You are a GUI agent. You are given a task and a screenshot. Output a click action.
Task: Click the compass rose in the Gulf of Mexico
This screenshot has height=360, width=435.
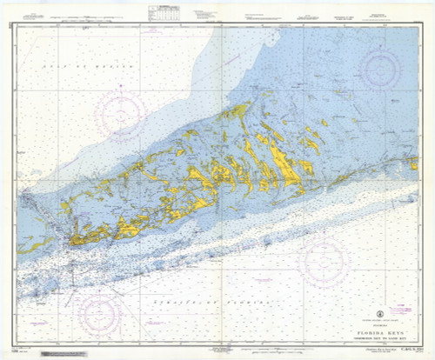pyautogui.click(x=122, y=114)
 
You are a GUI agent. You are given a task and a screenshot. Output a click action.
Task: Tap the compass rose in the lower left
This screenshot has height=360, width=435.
pyautogui.click(x=101, y=313)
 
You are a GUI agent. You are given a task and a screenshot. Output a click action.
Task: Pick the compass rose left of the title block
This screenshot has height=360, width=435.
pyautogui.click(x=323, y=261)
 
